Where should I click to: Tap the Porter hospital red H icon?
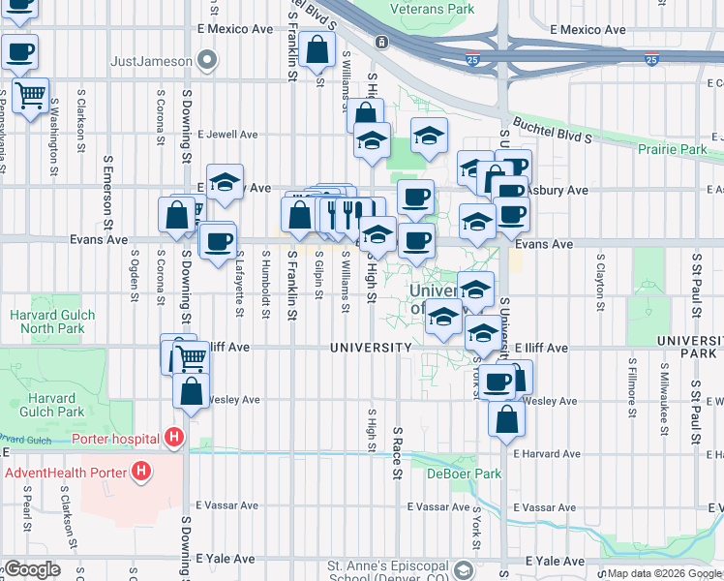point(174,439)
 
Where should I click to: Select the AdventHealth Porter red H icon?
point(142,473)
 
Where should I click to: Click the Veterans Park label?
point(432,9)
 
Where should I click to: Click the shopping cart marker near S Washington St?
point(30,95)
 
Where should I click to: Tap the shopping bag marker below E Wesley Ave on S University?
point(506,419)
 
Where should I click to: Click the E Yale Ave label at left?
point(226,559)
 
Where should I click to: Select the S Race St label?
point(397,452)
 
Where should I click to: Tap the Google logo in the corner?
point(32,569)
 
